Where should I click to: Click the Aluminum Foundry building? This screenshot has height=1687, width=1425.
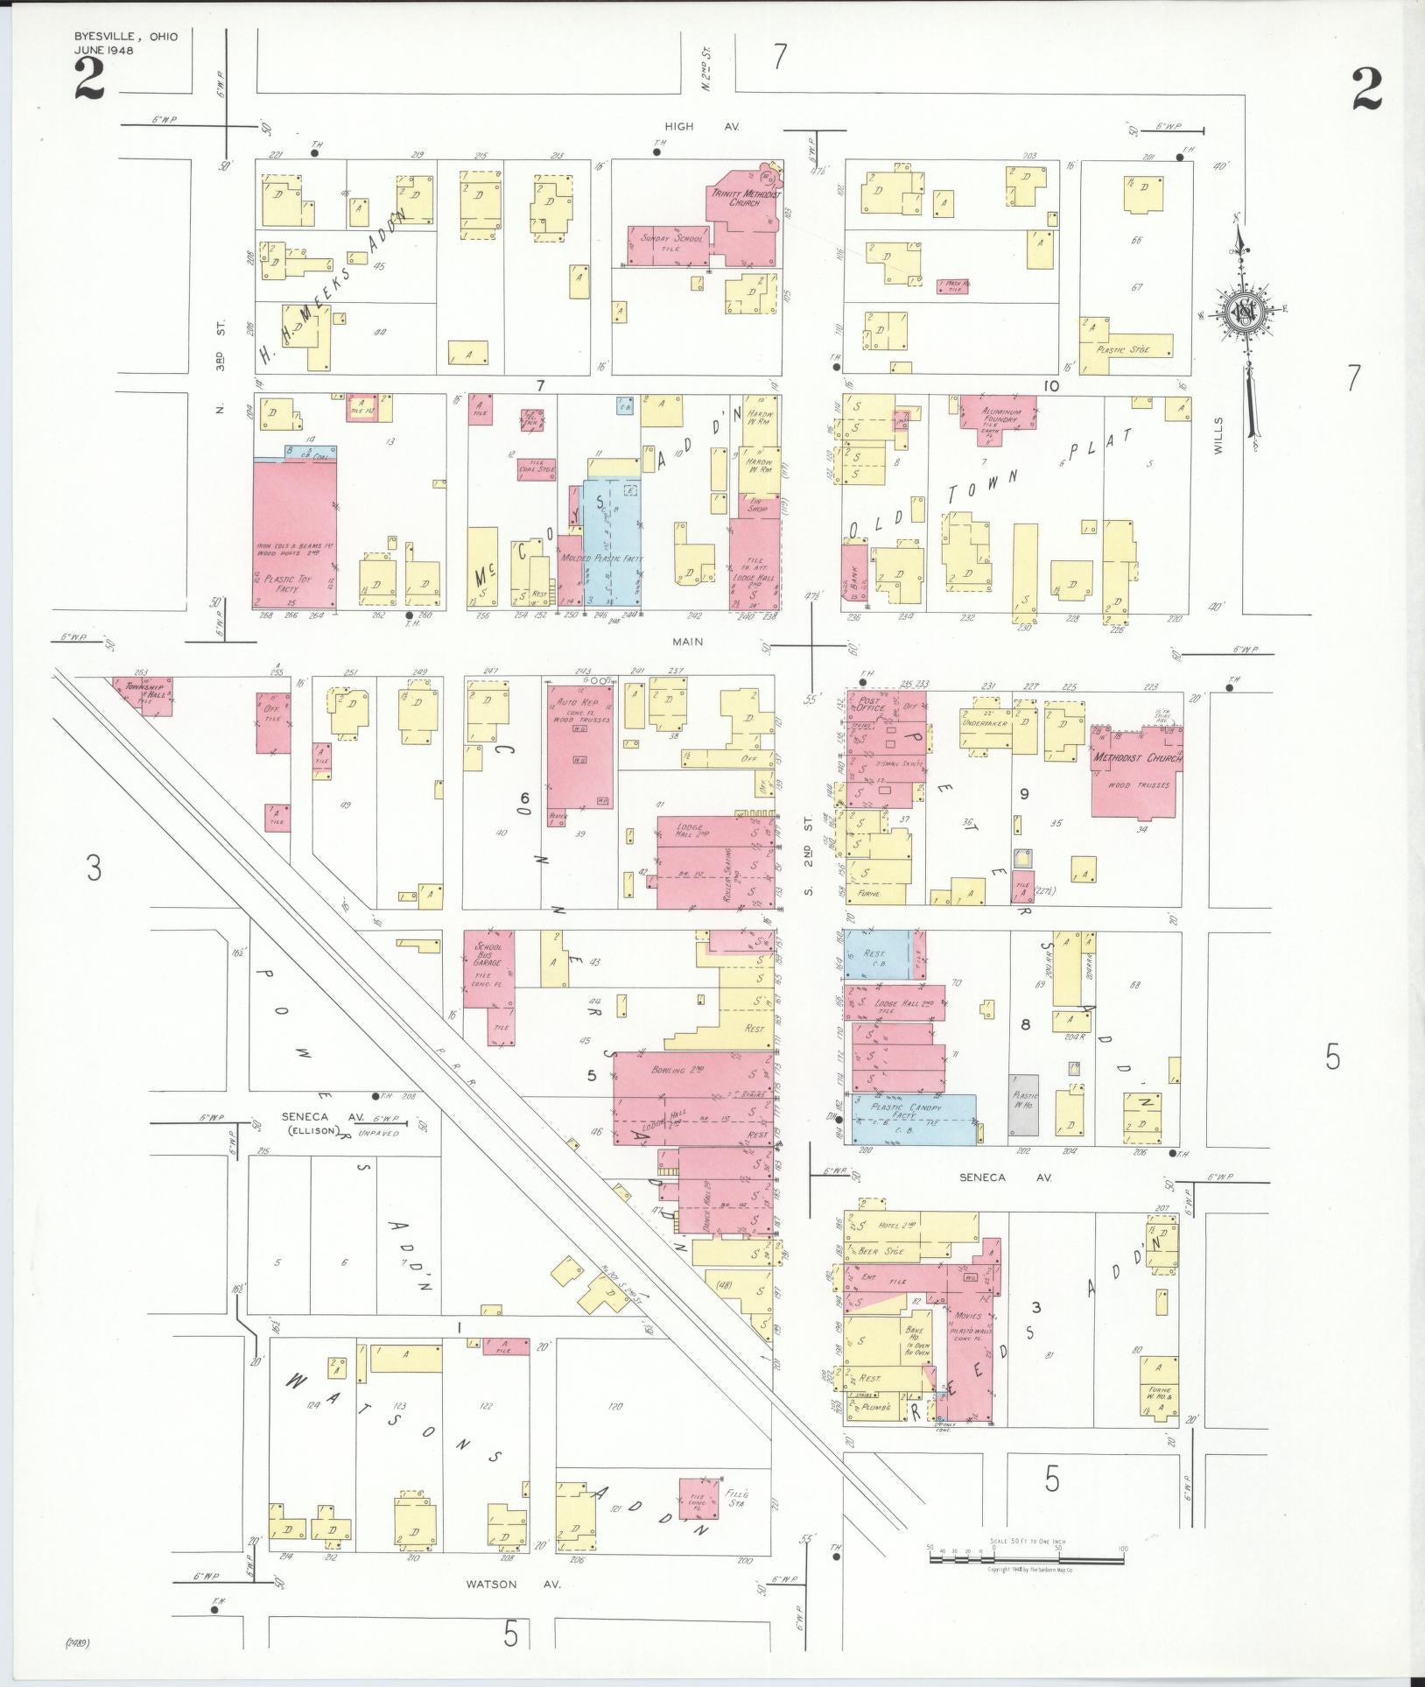coord(997,411)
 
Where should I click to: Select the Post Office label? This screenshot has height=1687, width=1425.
coord(873,703)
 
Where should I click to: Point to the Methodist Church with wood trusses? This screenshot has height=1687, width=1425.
coord(1135,770)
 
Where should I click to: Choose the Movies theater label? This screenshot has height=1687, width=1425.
coord(968,1316)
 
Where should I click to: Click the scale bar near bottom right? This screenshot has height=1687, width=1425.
coord(1026,1553)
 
